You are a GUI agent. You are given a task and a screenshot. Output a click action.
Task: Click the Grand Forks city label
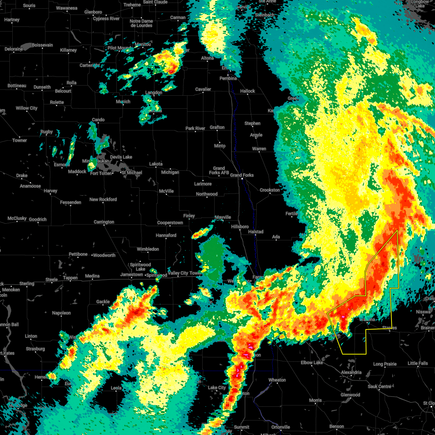pyautogui.click(x=242, y=175)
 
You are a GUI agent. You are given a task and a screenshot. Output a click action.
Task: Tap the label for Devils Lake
pyautogui.click(x=121, y=157)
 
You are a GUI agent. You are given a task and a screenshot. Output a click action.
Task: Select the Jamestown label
pyautogui.click(x=132, y=274)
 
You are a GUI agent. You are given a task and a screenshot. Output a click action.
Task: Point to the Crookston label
pyautogui.click(x=270, y=190)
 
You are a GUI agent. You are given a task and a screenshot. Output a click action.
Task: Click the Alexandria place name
pyautogui.click(x=351, y=372)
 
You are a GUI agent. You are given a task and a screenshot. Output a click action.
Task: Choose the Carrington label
pyautogui.click(x=104, y=222)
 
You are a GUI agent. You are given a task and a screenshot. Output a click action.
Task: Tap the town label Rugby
pyautogui.click(x=47, y=132)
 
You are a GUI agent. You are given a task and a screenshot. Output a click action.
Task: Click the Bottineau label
pyautogui.click(x=17, y=86)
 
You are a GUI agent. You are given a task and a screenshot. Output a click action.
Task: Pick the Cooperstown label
pyautogui.click(x=170, y=223)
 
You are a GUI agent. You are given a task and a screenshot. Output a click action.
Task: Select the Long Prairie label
pyautogui.click(x=385, y=364)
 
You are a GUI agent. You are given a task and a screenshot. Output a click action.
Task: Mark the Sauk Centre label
pyautogui.click(x=380, y=386)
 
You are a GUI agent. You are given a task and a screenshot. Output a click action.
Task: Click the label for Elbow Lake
pyautogui.click(x=312, y=362)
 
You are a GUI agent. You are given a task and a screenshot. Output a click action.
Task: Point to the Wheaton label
pyautogui.click(x=277, y=380)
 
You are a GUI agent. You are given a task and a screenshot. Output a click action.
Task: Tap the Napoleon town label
pyautogui.click(x=62, y=313)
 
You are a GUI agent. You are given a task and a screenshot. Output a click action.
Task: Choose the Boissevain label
pyautogui.click(x=42, y=45)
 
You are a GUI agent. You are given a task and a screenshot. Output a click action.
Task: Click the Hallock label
pyautogui.click(x=248, y=91)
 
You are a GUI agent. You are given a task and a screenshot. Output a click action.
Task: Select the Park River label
pyautogui.click(x=195, y=128)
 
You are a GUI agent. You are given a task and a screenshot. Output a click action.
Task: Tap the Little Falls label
pyautogui.click(x=418, y=363)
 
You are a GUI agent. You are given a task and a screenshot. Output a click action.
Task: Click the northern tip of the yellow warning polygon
pyautogui.click(x=397, y=230)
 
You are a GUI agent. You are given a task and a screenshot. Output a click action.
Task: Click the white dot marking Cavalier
pyautogui.click(x=203, y=92)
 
